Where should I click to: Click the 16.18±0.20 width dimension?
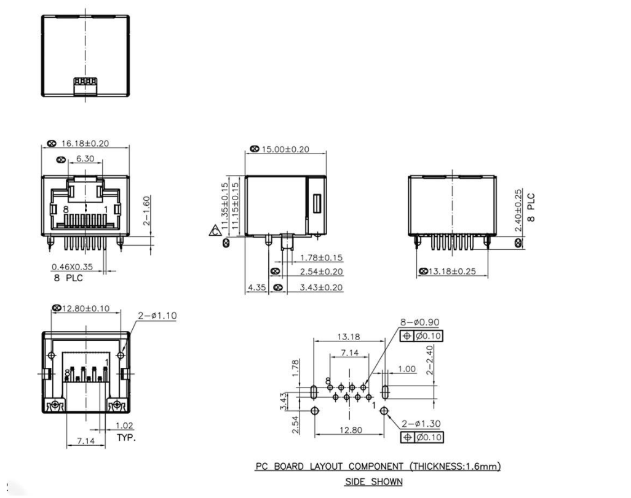tap(85, 144)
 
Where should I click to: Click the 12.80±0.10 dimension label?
tap(88, 308)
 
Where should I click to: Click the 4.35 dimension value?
tap(256, 287)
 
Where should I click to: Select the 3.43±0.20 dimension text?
tap(322, 287)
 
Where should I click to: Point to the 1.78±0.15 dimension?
tap(322, 257)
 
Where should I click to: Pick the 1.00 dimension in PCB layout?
tap(407, 369)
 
